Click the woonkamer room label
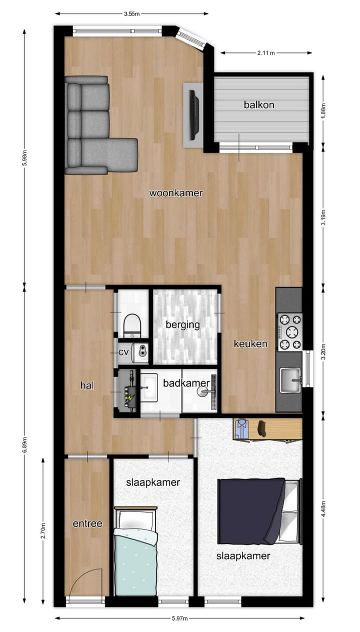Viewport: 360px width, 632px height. (x=176, y=193)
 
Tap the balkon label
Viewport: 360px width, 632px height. (x=259, y=105)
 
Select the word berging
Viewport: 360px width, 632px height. (x=183, y=325)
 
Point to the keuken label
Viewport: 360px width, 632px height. (x=250, y=344)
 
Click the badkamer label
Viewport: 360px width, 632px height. (x=186, y=383)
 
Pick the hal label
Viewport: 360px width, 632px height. (x=87, y=385)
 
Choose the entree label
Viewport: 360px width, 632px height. (x=87, y=523)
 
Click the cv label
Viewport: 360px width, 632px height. (x=123, y=352)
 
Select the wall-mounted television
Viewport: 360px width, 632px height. (x=193, y=115)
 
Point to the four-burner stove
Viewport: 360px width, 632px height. (x=290, y=331)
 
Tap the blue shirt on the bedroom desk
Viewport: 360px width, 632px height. (x=242, y=428)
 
